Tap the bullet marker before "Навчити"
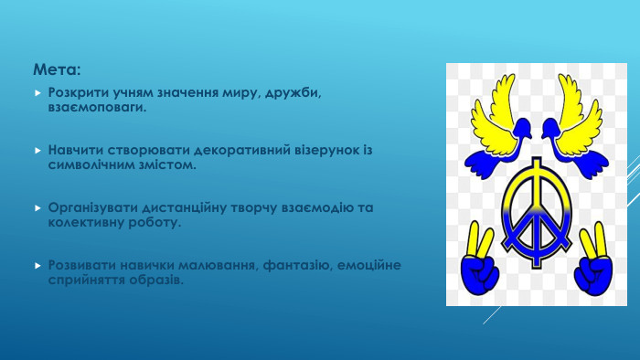[x=37, y=150]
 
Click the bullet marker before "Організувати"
[x=37, y=208]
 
